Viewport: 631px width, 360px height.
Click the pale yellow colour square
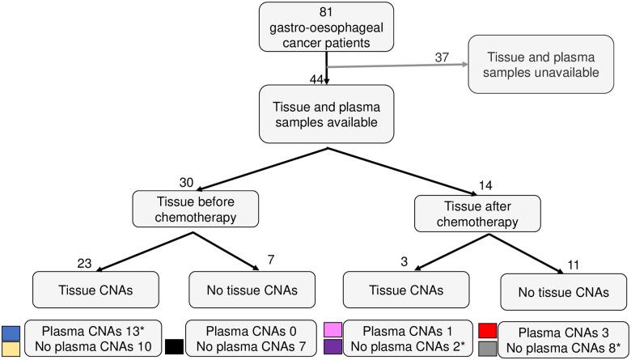(x=11, y=348)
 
